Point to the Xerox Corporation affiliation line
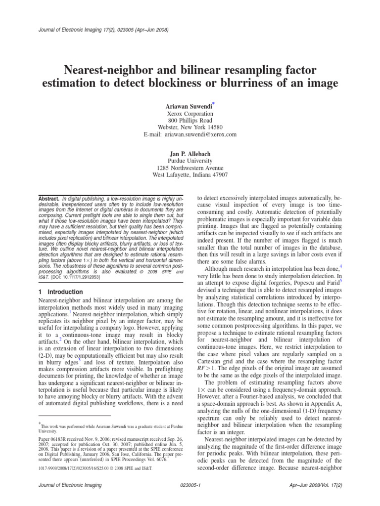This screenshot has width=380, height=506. point(190,113)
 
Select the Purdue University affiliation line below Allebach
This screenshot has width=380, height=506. point(190,161)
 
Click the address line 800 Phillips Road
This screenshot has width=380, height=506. point(190,120)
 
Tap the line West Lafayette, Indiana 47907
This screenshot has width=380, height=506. point(190,174)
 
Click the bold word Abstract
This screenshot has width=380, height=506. point(48,199)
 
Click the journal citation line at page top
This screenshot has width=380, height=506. point(103,30)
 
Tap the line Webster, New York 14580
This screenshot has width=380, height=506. point(190,127)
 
